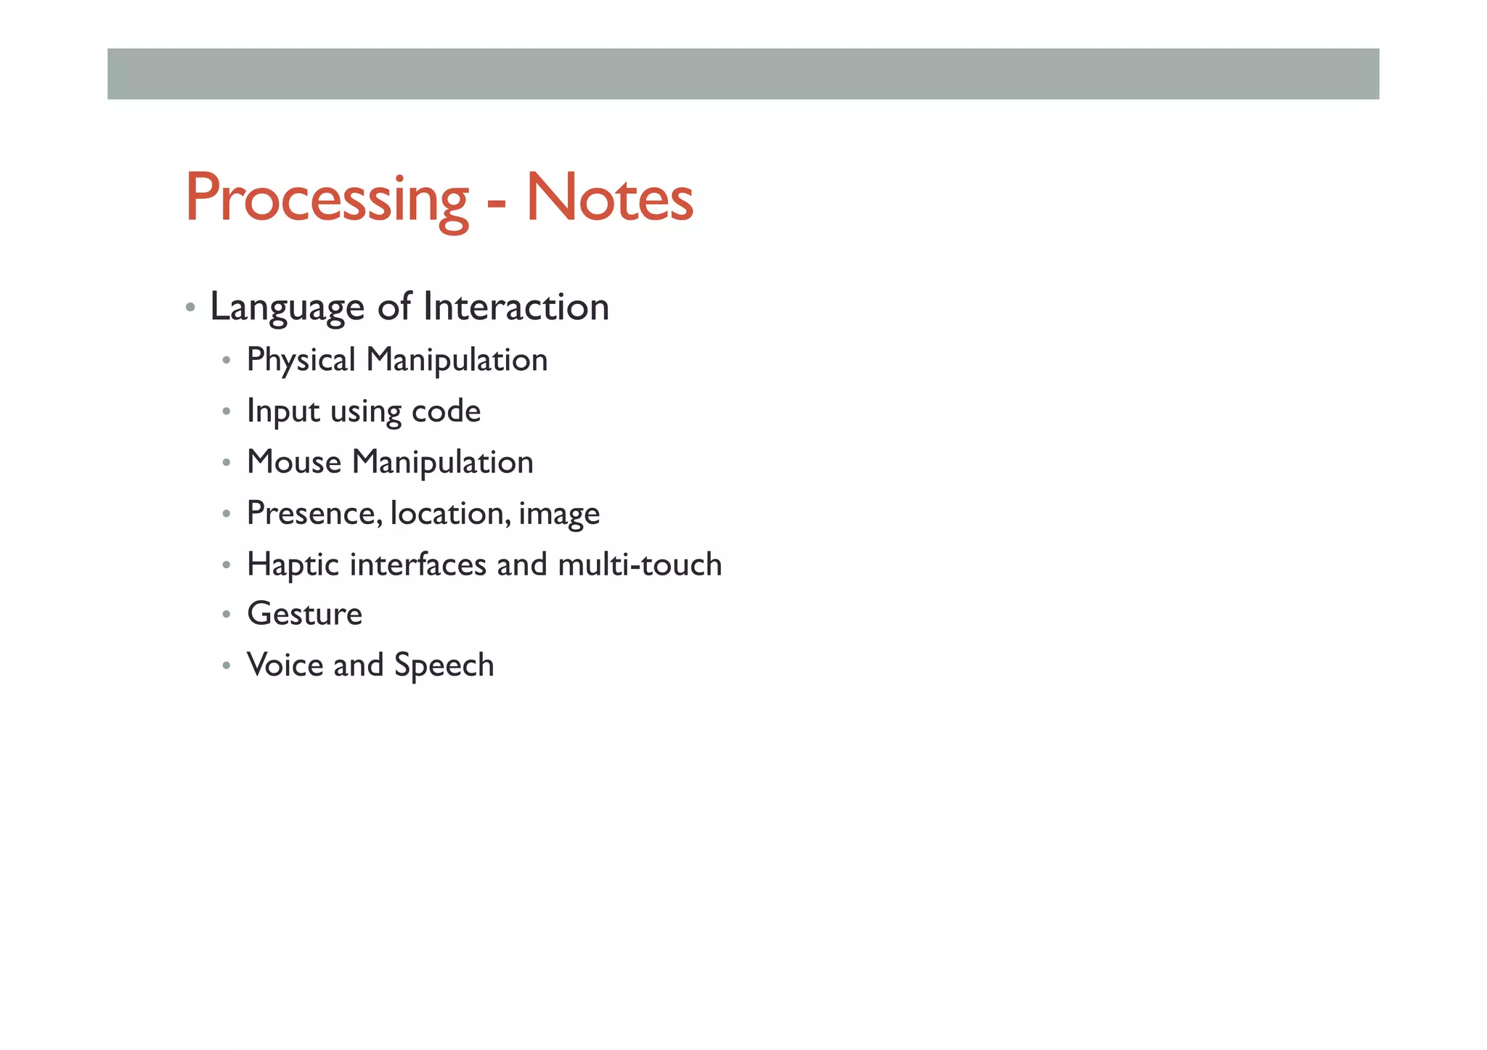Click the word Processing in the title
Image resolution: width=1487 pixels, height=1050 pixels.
327,199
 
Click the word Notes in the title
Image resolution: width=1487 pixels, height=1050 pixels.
609,197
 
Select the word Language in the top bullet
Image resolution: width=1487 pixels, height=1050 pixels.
287,308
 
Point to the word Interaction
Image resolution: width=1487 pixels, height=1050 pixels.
516,306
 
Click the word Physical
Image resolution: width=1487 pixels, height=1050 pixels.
301,361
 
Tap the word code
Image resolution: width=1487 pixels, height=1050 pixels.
446,411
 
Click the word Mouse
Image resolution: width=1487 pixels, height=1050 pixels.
293,462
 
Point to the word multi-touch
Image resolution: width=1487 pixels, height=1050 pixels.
640,565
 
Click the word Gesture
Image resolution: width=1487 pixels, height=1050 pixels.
304,615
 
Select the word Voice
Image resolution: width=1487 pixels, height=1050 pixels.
285,665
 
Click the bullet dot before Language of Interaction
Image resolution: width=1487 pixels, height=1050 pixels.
190,307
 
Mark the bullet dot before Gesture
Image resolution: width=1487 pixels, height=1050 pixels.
227,615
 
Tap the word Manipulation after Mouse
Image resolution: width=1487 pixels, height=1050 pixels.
443,463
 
